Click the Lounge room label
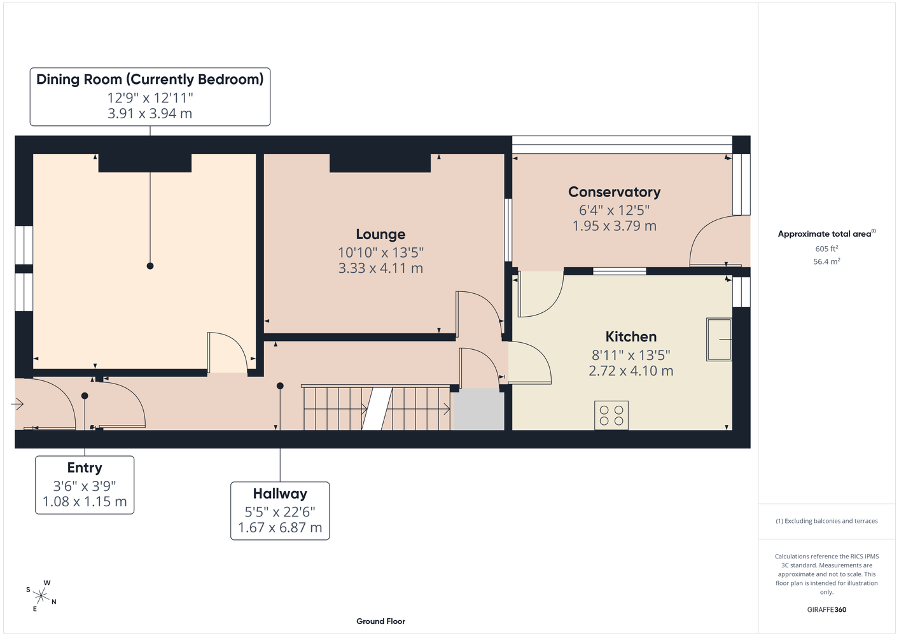380,234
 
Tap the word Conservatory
614,192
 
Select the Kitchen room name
631,336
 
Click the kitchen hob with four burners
611,415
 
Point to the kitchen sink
719,340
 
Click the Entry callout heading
85,467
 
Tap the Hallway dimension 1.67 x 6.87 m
280,527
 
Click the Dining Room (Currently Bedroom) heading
150,79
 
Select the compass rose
41,596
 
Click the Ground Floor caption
381,621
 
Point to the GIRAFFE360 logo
826,609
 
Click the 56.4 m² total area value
826,261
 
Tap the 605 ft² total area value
826,249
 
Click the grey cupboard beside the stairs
478,410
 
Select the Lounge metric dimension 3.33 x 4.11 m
380,268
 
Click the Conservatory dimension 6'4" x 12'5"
614,210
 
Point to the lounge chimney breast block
380,163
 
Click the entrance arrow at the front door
18,404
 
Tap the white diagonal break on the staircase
377,409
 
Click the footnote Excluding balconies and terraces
826,521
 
